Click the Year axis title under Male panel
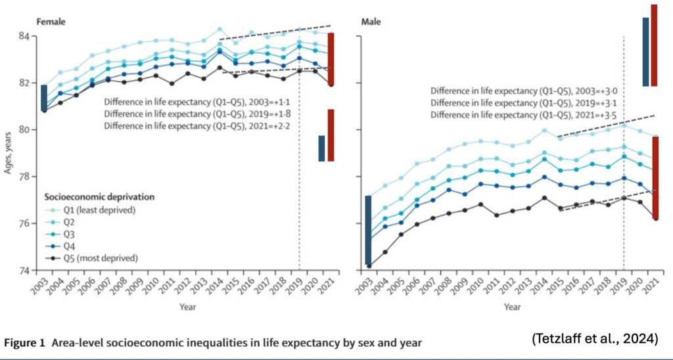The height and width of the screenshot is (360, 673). click(x=511, y=306)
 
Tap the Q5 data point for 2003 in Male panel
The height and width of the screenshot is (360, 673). click(x=370, y=266)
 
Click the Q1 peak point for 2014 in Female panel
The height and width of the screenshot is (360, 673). click(x=220, y=30)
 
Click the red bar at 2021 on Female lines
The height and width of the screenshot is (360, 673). click(x=331, y=59)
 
